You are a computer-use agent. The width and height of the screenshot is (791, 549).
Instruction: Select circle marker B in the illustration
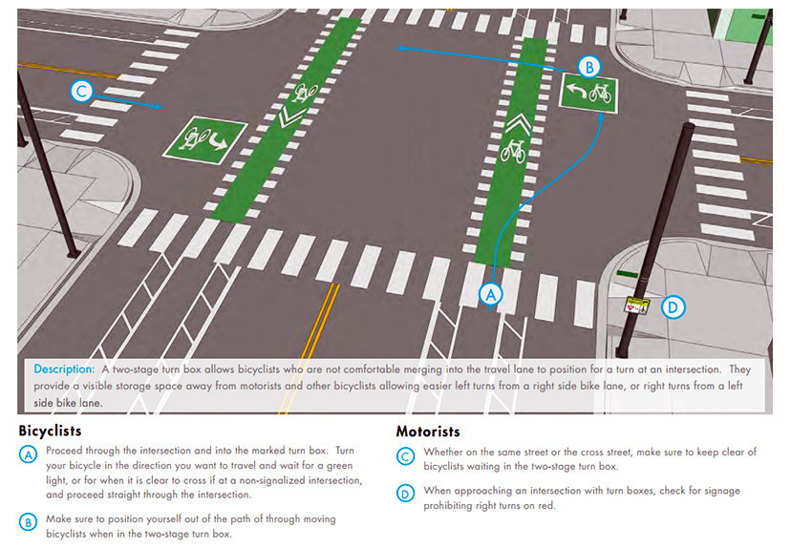589,67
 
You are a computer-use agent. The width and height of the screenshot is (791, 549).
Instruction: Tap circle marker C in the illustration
82,92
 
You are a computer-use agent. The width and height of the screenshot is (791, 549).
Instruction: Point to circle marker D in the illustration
673,306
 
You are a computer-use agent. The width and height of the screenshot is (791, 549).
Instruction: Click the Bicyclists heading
50,431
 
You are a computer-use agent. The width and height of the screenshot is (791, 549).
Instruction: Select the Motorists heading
428,432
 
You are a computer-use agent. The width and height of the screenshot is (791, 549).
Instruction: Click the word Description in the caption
63,369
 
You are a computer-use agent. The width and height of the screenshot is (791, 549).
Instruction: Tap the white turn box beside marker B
588,94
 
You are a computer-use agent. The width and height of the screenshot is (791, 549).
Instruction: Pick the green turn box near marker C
204,140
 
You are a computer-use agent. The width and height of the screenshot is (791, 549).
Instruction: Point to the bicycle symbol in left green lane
307,93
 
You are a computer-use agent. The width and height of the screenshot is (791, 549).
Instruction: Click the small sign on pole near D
637,306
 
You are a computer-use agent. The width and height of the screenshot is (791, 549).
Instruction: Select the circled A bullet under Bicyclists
28,455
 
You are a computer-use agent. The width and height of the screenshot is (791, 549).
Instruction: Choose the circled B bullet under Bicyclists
28,522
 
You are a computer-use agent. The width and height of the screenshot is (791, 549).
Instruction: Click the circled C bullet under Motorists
406,456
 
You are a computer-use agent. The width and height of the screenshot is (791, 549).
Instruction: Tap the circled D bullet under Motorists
406,495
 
